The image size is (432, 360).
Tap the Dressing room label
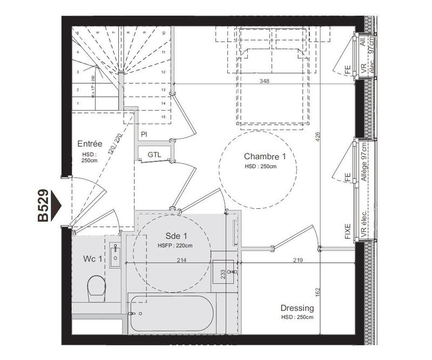coord(297,308)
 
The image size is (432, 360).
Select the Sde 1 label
coord(176,236)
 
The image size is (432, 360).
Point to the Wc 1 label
coord(93,260)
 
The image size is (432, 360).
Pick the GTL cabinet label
coord(154,154)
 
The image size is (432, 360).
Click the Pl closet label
coord(144,134)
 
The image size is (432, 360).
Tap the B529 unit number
coord(44,206)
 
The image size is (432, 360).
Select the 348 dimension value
coord(264,81)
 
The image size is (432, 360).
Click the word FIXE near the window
coord(347,231)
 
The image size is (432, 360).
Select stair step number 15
coord(163,117)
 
